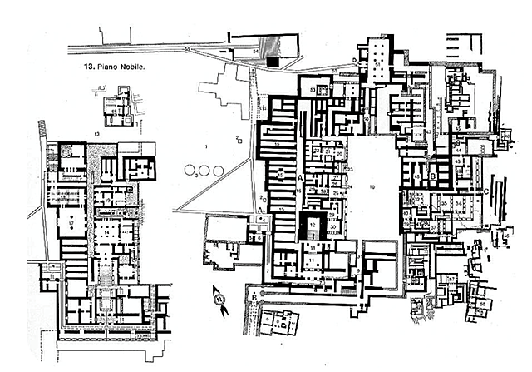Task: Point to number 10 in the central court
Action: tap(373, 188)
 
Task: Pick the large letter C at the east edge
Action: tap(484, 190)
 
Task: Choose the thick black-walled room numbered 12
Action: tap(311, 225)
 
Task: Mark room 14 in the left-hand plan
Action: tap(106, 201)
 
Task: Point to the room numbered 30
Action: tap(332, 226)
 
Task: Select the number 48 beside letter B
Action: tap(416, 177)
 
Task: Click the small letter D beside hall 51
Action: tap(355, 61)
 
